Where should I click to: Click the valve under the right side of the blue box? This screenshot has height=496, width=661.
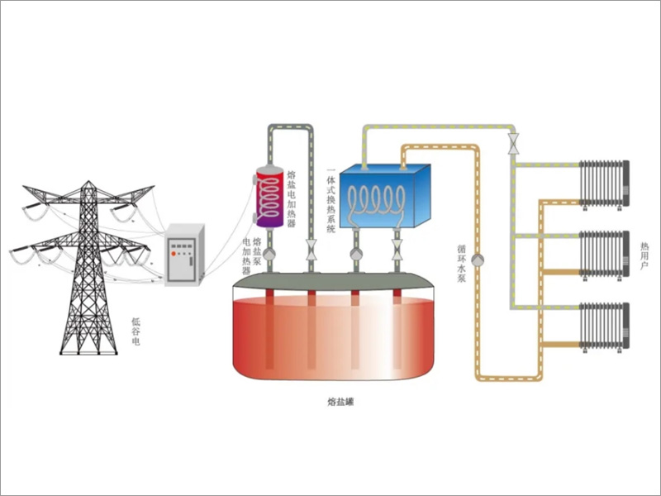pos(397,249)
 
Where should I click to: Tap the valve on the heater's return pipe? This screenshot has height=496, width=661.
pos(311,249)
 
